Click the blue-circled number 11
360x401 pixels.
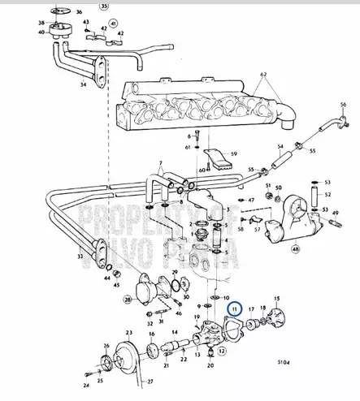pos(236,308)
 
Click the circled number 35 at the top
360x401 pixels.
pos(102,6)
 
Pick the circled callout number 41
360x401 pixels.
pos(113,24)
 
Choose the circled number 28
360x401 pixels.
pos(128,300)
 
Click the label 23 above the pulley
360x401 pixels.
pos(128,332)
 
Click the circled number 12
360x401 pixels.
pos(220,351)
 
